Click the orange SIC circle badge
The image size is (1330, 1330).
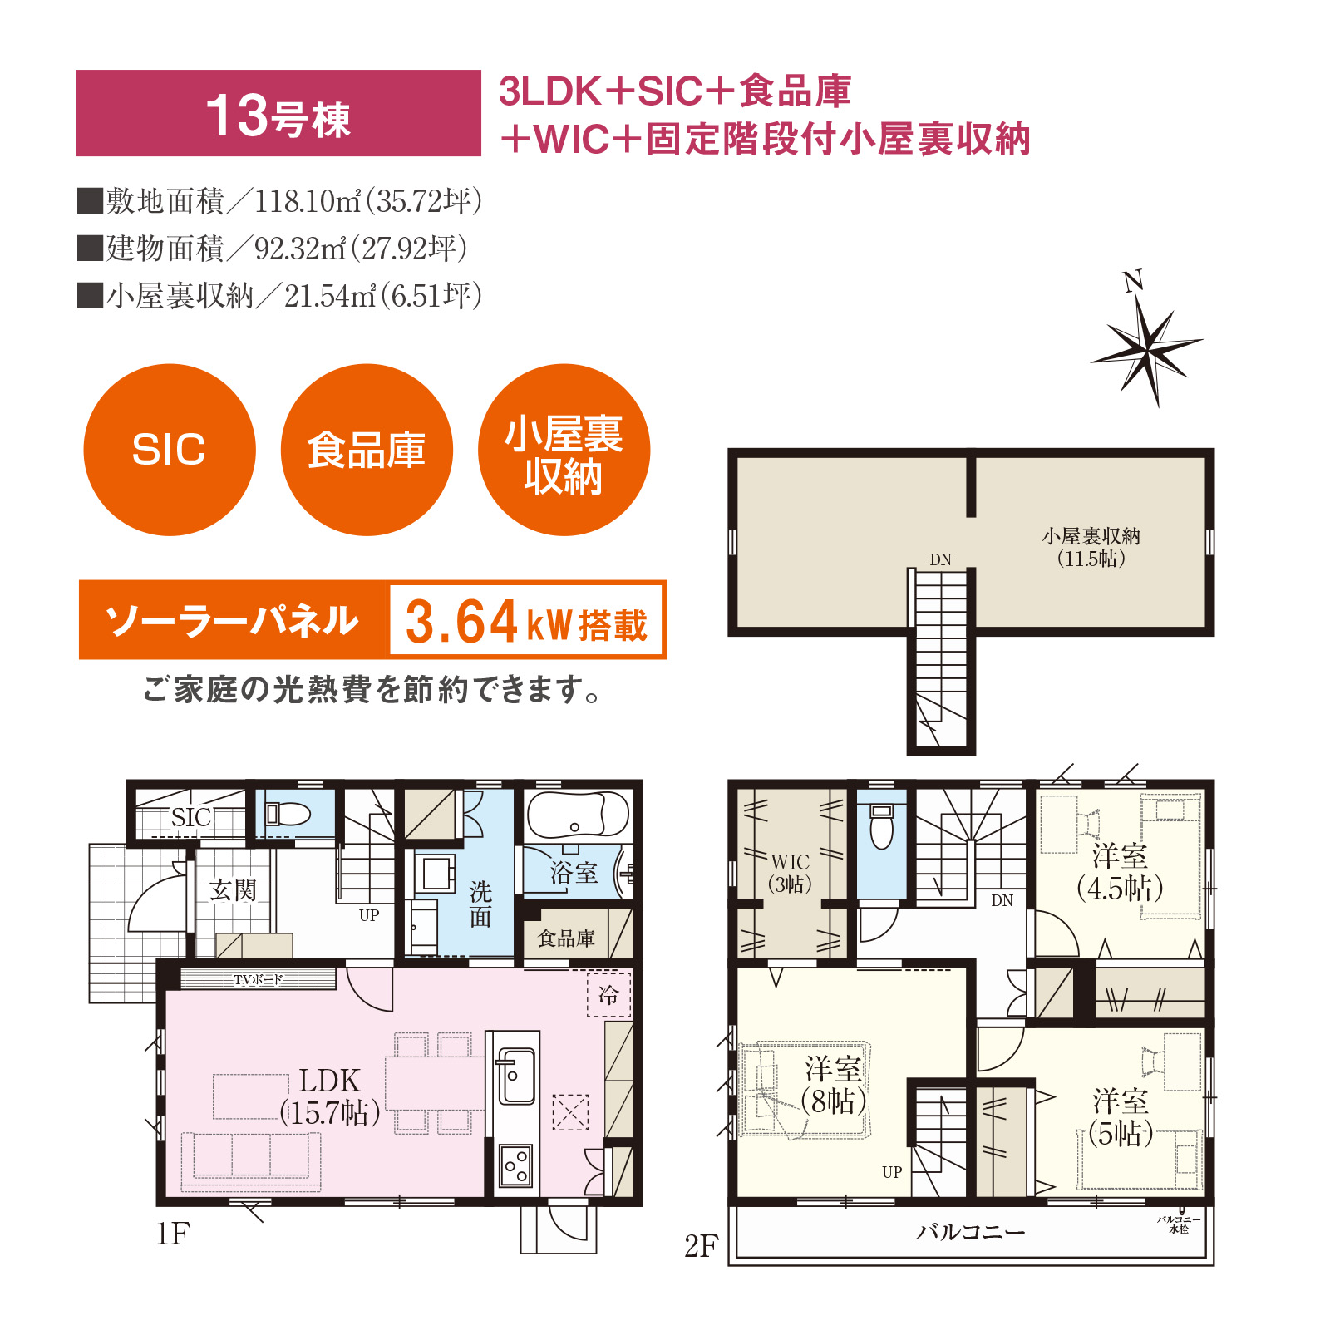tap(170, 450)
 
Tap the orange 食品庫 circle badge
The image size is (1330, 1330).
tap(367, 450)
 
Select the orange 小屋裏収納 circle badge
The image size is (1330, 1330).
tap(564, 450)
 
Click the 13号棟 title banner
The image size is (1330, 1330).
tap(278, 113)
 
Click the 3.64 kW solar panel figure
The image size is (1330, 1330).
tap(526, 621)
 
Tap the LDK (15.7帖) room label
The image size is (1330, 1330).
tap(330, 1096)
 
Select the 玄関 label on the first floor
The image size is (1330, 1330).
tap(233, 890)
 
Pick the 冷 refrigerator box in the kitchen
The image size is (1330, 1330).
tap(609, 994)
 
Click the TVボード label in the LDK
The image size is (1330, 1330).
tap(258, 979)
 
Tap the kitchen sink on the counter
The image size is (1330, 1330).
tap(515, 1076)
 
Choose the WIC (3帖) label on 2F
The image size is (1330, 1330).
tap(790, 873)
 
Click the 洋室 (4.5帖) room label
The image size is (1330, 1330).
tap(1120, 872)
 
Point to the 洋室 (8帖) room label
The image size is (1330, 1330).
tap(834, 1085)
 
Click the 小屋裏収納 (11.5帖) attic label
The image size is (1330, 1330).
tap(1091, 547)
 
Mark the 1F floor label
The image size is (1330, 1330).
tap(173, 1234)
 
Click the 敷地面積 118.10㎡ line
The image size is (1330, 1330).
tap(280, 201)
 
